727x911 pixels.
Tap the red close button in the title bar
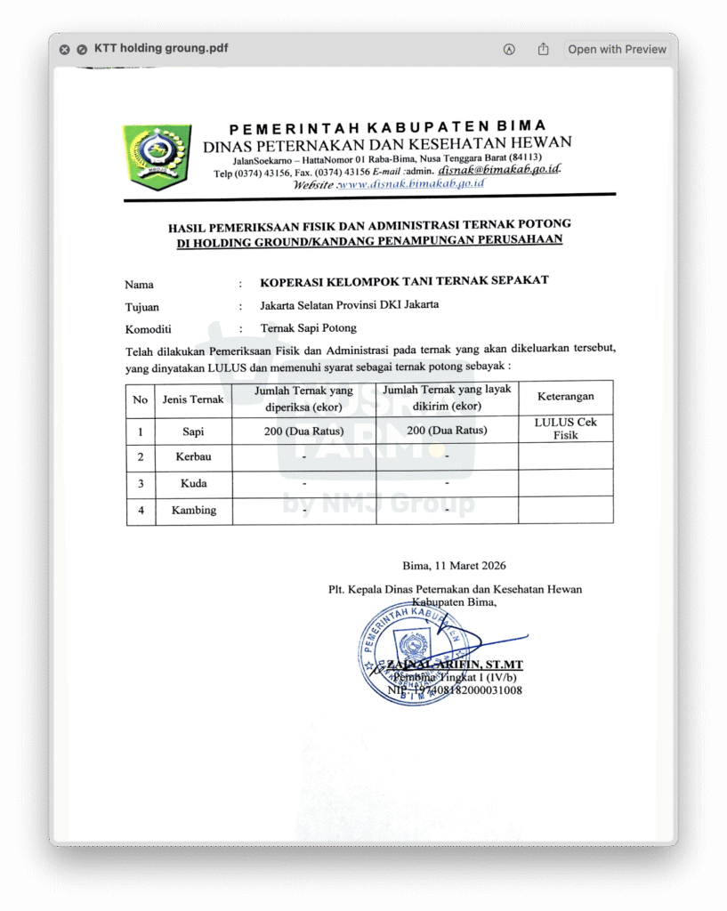[x=64, y=50]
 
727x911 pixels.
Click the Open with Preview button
[x=617, y=50]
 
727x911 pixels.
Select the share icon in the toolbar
[x=543, y=50]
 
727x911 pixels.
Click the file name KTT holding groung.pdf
[x=161, y=49]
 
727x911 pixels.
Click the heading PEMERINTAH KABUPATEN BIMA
[x=388, y=126]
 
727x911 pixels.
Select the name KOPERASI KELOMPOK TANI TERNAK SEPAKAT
[x=404, y=280]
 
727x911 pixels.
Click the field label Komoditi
[x=148, y=328]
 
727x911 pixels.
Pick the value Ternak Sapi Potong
[x=308, y=327]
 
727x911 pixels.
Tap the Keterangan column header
[x=566, y=397]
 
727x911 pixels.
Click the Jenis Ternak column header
[x=193, y=399]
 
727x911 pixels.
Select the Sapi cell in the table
[x=193, y=431]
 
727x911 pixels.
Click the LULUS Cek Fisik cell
[x=566, y=429]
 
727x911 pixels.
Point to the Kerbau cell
[x=193, y=457]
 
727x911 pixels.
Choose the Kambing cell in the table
[x=193, y=511]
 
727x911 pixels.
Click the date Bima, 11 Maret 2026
[x=454, y=566]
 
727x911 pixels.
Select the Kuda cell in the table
[x=193, y=484]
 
